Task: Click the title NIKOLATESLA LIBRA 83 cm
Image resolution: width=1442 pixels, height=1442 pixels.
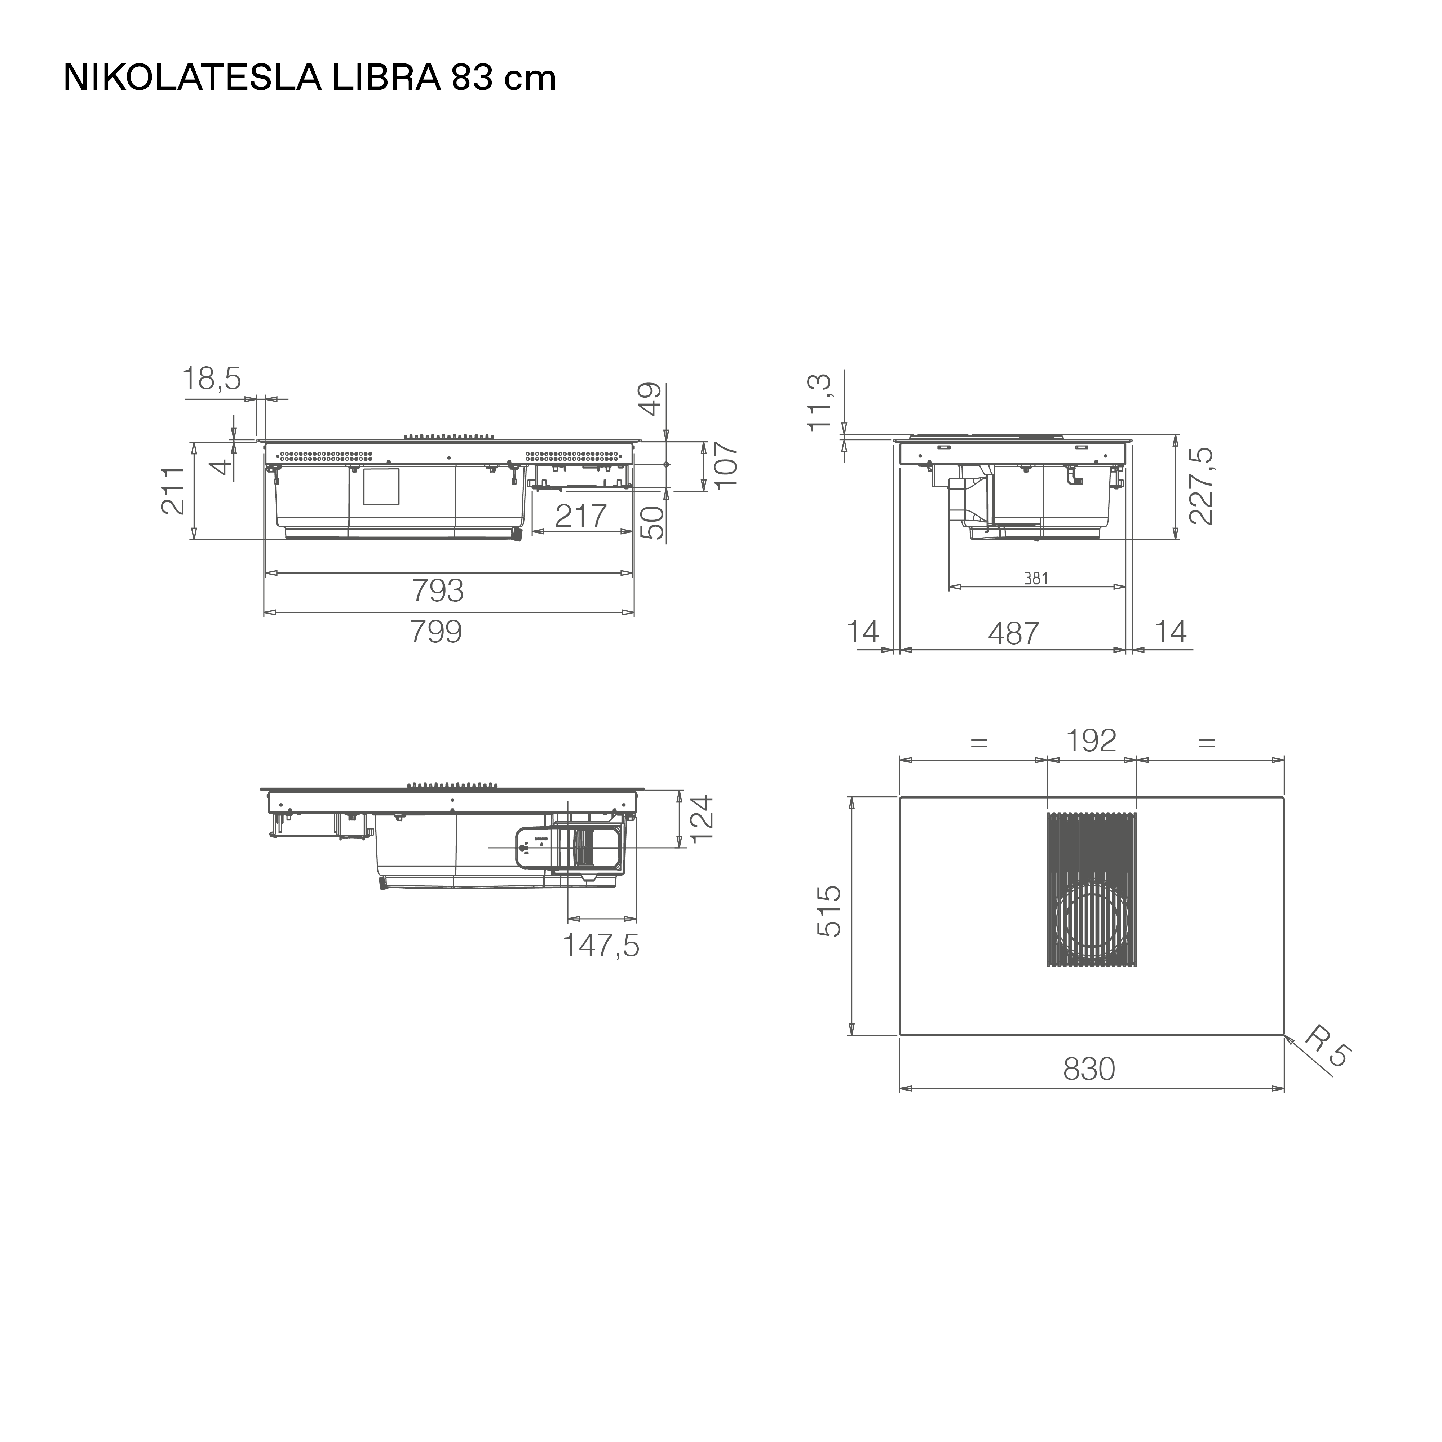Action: [x=310, y=78]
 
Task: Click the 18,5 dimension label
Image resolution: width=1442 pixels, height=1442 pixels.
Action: [x=212, y=379]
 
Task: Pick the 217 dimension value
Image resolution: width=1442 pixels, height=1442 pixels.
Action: [x=581, y=516]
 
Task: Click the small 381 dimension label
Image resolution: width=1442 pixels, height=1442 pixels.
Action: [x=1037, y=578]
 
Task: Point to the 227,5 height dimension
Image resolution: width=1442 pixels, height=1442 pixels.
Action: [x=1201, y=486]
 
